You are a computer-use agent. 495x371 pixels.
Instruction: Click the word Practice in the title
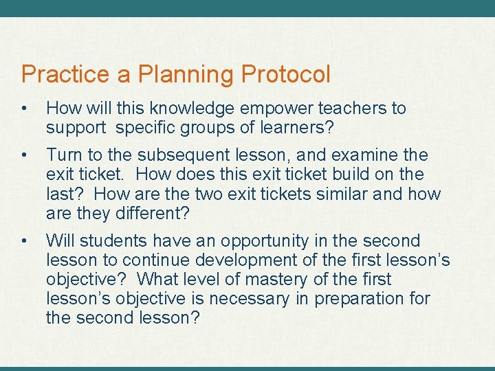(x=65, y=74)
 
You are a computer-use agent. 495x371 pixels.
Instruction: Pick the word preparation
(x=360, y=299)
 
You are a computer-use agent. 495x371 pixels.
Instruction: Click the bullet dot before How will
(x=25, y=109)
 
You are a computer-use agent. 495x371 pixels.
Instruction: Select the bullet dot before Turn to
(x=25, y=155)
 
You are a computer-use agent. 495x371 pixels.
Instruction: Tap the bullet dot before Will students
(x=25, y=241)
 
